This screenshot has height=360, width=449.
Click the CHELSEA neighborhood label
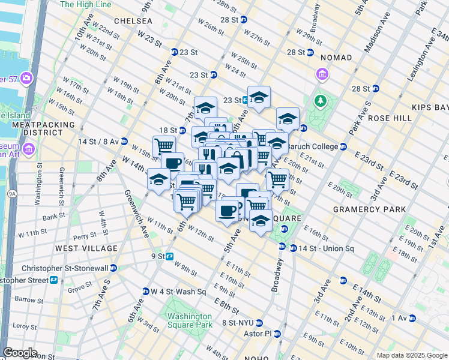(x=129, y=21)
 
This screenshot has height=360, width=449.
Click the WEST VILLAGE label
(x=86, y=248)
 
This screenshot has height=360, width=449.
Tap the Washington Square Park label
(x=190, y=320)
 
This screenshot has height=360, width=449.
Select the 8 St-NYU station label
(x=240, y=322)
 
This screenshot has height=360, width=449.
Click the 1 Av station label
(x=397, y=317)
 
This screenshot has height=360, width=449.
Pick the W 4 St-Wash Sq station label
(x=178, y=292)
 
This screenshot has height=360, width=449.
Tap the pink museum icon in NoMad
(x=323, y=74)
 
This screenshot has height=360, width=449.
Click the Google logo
(x=20, y=353)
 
